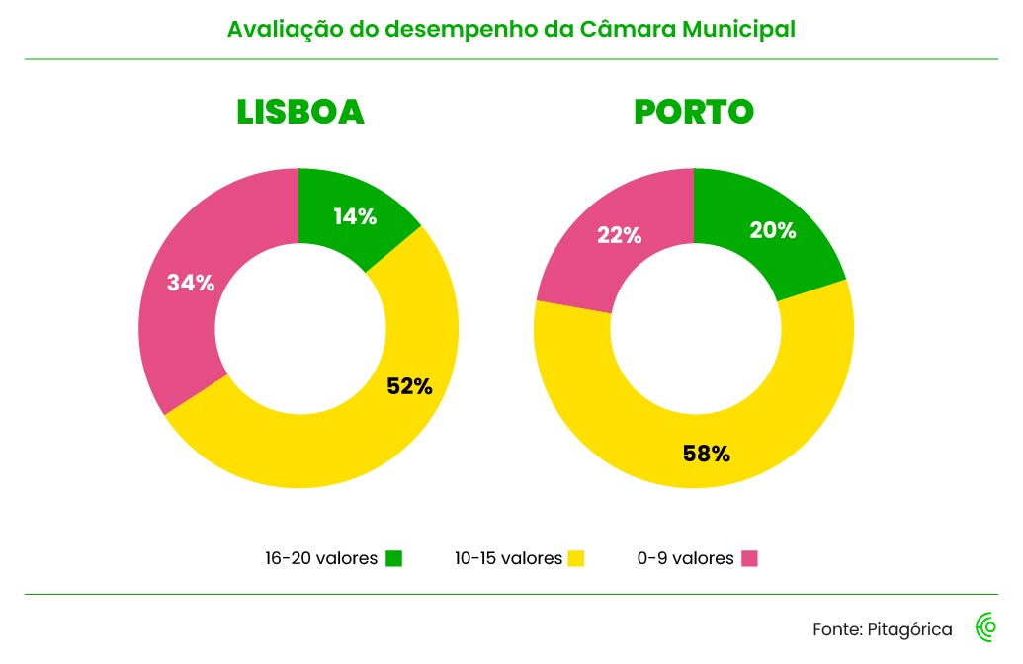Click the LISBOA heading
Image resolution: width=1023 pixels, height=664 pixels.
coord(299,113)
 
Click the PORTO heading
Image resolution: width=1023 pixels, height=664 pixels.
coord(693,113)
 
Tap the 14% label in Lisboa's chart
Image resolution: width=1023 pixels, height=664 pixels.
coord(354,217)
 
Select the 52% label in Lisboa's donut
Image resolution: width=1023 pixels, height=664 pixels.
coord(409,386)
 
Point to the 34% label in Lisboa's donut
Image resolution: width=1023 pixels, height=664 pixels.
coord(191,283)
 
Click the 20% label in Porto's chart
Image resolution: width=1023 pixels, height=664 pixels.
coord(772,230)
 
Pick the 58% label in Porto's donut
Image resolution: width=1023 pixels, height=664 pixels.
coord(706,455)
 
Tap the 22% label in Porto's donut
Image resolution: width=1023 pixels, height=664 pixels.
coord(619,235)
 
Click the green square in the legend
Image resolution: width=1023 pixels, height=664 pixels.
coord(394,558)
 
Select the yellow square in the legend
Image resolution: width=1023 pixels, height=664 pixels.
coord(576,558)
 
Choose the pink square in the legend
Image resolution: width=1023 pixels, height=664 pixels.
coord(749,558)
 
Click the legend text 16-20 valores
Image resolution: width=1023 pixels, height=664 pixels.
coord(321,558)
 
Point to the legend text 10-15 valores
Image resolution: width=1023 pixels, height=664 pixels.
coord(508,558)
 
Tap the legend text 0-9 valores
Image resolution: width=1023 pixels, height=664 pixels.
coord(685,558)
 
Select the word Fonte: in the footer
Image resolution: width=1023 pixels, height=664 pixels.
coord(837,629)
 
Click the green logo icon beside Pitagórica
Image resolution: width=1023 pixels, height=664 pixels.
coord(985,627)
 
